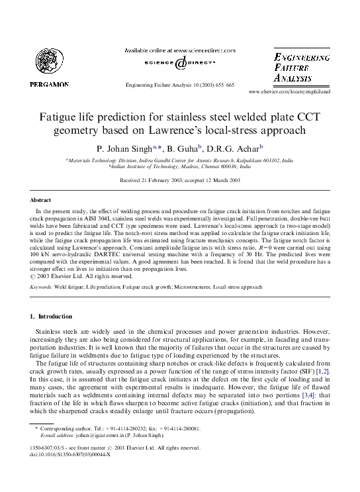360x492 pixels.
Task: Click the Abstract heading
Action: point(42,199)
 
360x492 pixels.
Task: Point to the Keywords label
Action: point(41,287)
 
